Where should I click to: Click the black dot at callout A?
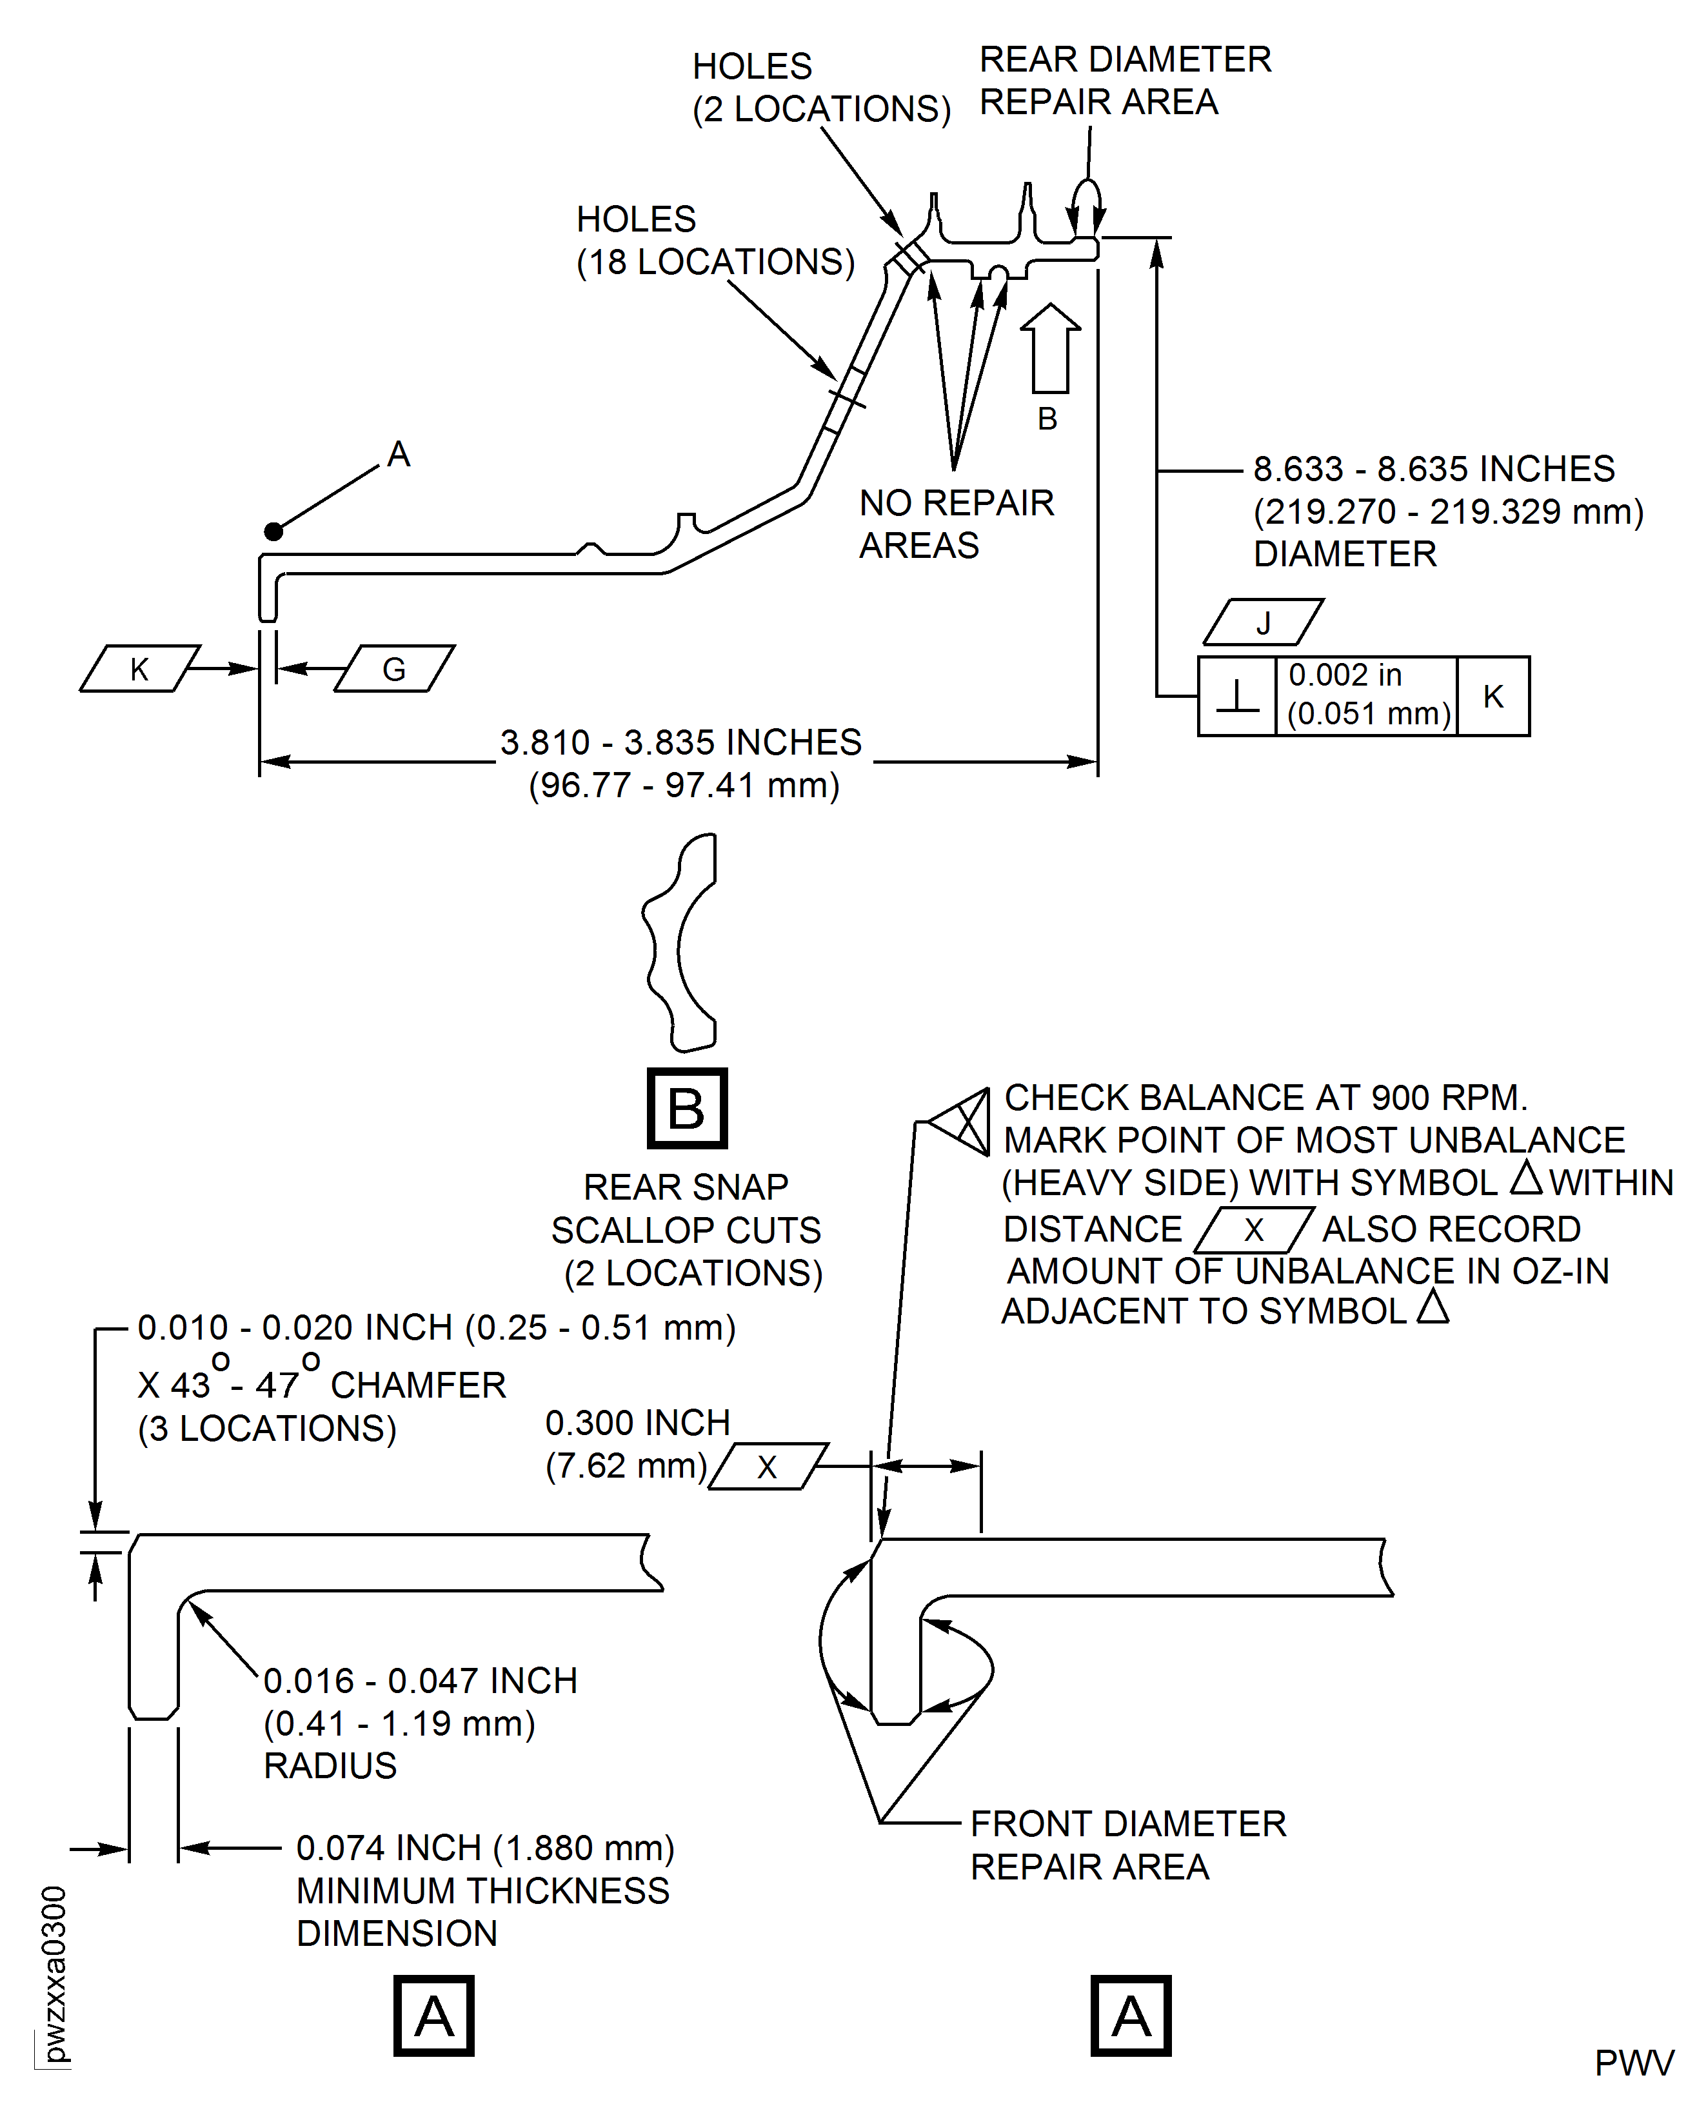point(273,531)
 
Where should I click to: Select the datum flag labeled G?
point(394,669)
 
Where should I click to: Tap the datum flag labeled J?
point(1263,623)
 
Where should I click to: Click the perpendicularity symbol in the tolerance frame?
point(1237,697)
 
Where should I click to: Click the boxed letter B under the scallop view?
point(687,1109)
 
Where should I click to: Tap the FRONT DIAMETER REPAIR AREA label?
point(1127,1845)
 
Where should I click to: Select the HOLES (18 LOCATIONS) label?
point(715,241)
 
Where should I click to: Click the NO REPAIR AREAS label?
point(955,524)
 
